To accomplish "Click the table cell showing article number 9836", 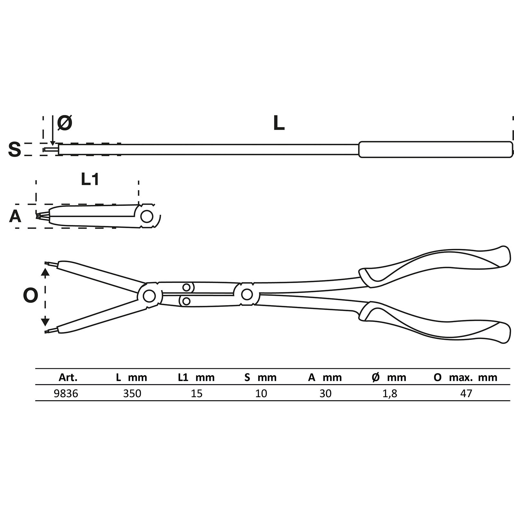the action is click(x=66, y=394).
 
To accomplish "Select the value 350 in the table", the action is click(x=132, y=394).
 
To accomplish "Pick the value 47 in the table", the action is click(x=466, y=394).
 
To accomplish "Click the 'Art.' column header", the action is click(x=68, y=377).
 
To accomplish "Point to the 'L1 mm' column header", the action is click(x=196, y=377).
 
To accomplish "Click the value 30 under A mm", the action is click(x=325, y=394).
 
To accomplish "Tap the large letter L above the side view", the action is click(x=279, y=123).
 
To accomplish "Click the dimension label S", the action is click(x=14, y=149).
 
